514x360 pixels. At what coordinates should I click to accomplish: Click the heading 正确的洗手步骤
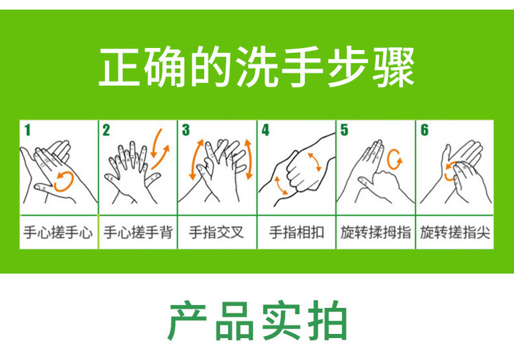pyautogui.click(x=256, y=67)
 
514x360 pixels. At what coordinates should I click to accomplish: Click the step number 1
pyautogui.click(x=27, y=130)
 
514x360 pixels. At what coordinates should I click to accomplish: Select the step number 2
pyautogui.click(x=106, y=130)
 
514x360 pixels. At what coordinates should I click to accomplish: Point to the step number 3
pyautogui.click(x=186, y=130)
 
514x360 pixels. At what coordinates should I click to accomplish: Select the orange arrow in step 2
pyautogui.click(x=159, y=144)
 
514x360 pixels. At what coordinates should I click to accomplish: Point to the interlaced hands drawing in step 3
pyautogui.click(x=218, y=169)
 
